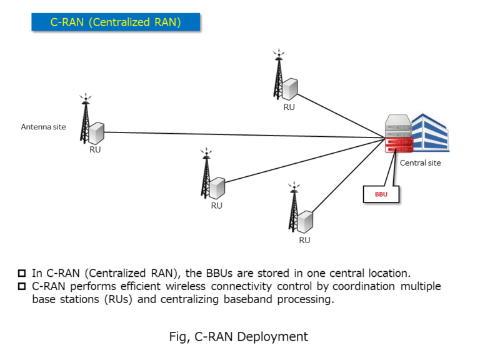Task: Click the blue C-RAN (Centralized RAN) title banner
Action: point(116,22)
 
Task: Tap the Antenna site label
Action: point(43,127)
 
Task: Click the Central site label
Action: point(420,163)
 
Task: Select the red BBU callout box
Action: point(381,194)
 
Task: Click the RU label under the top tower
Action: point(289,107)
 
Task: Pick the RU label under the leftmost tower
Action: point(95,150)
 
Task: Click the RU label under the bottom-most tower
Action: point(304,240)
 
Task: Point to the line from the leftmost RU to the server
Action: point(244,136)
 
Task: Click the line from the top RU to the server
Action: point(341,114)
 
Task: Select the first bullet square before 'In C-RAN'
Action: point(22,274)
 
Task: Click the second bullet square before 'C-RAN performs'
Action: point(22,287)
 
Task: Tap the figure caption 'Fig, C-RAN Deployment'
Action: point(239,337)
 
